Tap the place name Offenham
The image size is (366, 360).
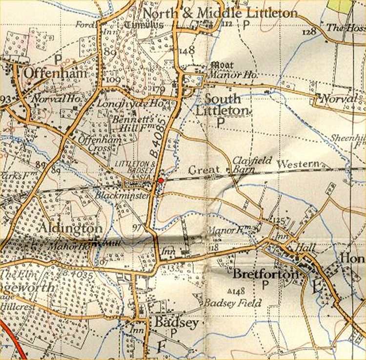(x=55, y=73)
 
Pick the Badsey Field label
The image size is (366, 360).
(x=232, y=303)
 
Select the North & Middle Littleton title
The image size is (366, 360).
(x=220, y=13)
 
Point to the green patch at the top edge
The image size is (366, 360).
(x=353, y=5)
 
